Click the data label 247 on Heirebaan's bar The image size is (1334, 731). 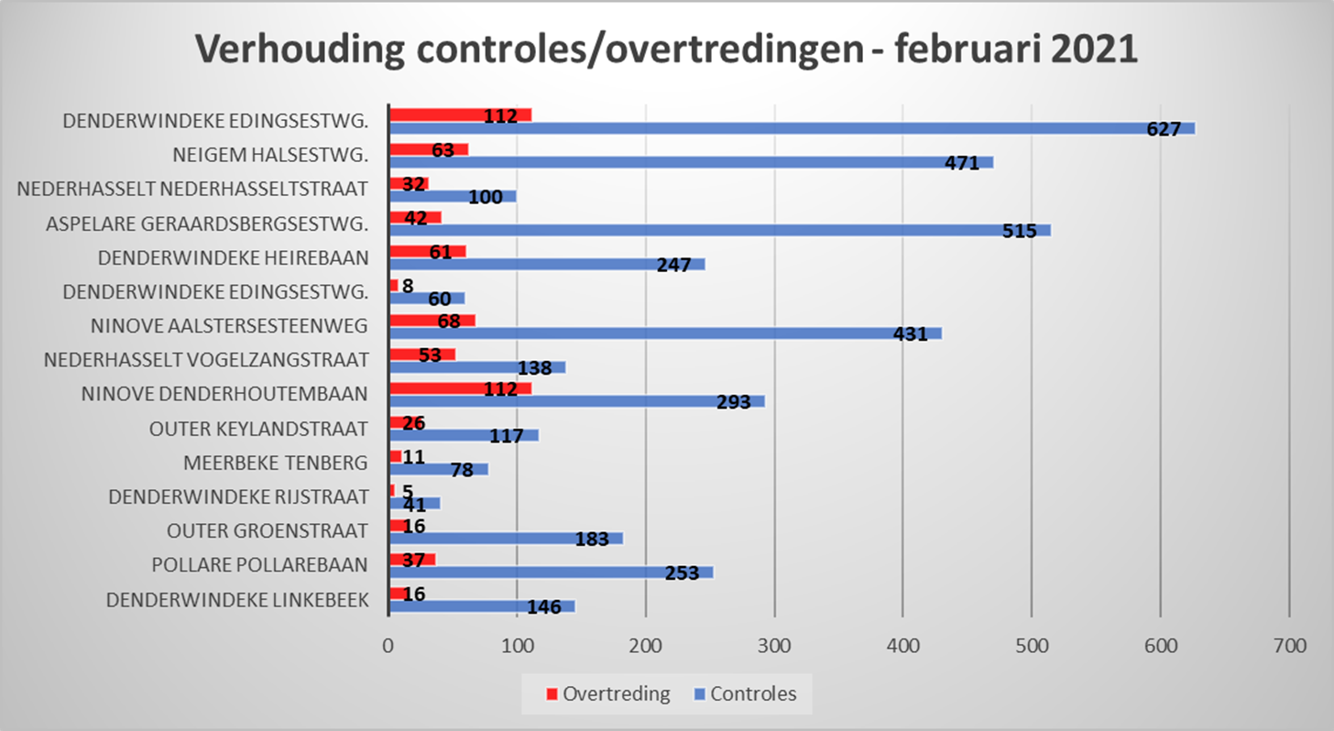click(x=679, y=266)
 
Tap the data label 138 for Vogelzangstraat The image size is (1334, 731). click(x=535, y=368)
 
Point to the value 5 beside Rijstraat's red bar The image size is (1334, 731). click(x=407, y=491)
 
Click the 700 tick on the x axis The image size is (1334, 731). click(x=1289, y=645)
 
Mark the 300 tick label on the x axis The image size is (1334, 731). click(x=774, y=645)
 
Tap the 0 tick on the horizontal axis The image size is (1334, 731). click(x=388, y=645)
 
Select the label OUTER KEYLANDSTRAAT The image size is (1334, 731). click(x=258, y=429)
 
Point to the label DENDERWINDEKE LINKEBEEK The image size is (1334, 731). click(x=237, y=600)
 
